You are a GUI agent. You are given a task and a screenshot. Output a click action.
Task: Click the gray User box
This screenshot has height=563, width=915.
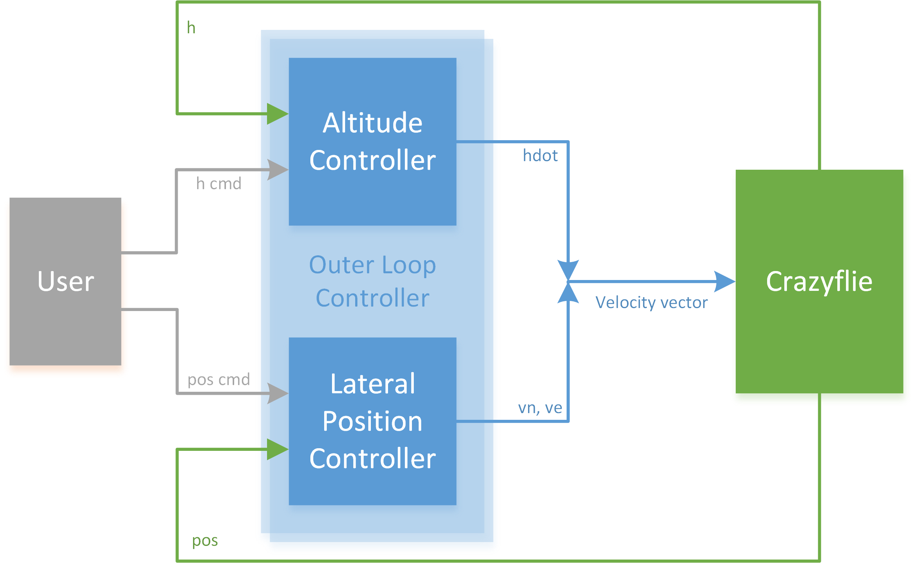65,281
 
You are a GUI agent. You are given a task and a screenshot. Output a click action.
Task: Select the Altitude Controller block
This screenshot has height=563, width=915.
372,141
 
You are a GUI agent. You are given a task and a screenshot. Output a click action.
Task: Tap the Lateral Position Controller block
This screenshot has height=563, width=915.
372,421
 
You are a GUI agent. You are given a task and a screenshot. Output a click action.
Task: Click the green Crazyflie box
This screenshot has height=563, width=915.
819,281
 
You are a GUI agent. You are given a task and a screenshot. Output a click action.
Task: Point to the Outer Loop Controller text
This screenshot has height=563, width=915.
372,281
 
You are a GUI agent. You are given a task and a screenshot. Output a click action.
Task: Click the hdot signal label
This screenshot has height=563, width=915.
540,156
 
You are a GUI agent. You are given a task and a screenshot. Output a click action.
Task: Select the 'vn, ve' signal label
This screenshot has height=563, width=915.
540,407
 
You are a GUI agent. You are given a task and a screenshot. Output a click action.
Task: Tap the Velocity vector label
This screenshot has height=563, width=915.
651,302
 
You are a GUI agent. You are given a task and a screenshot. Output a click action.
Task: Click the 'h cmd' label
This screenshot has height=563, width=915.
219,184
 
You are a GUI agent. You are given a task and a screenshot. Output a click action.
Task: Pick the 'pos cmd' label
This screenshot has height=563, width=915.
219,380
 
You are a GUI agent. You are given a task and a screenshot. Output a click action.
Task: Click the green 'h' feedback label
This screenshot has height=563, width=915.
191,28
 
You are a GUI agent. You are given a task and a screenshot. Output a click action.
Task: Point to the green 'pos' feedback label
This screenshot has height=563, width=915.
205,541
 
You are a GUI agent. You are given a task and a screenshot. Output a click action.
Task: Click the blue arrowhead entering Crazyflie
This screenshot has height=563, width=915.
725,281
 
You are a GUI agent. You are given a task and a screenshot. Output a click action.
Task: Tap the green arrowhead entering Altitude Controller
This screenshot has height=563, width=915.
278,114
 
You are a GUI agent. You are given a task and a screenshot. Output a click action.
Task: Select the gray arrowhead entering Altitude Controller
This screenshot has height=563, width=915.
278,170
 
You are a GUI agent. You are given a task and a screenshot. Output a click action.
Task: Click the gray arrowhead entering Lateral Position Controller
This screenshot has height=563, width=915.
278,393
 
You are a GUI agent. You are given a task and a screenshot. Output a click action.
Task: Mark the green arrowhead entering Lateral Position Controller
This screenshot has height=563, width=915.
278,449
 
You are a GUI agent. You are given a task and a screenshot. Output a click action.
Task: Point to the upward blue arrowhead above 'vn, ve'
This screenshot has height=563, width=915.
568,292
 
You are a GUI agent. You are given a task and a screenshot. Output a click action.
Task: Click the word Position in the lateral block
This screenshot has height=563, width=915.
372,421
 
